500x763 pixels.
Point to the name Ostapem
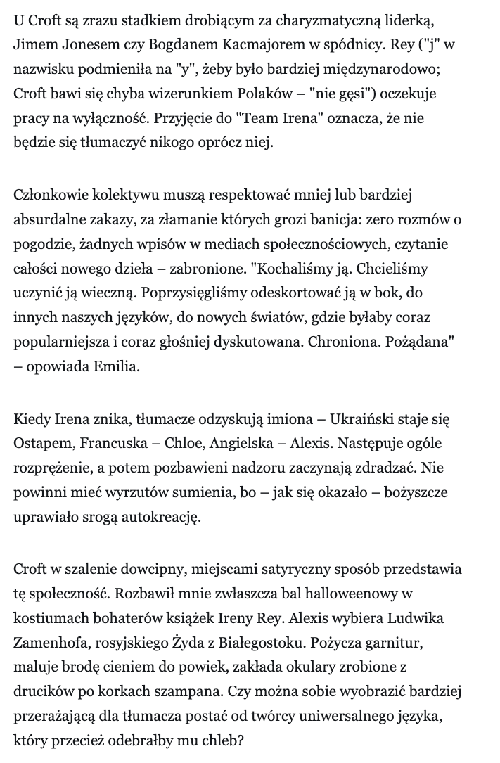click(x=40, y=444)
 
